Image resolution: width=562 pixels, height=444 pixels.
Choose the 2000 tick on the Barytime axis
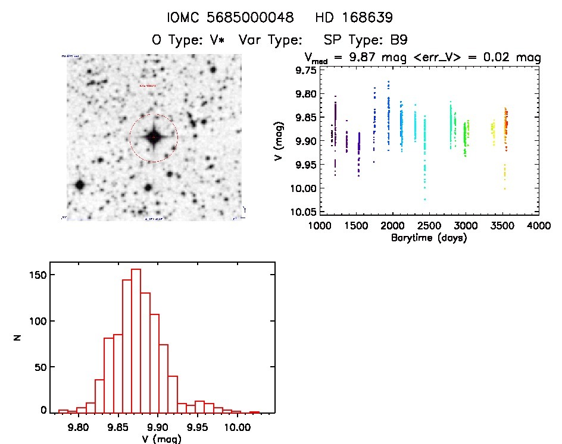[x=392, y=226]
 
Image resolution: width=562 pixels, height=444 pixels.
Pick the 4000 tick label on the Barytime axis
[x=539, y=226]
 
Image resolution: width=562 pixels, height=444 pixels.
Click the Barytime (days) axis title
[x=429, y=238]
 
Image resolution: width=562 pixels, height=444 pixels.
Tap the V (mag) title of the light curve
[x=285, y=141]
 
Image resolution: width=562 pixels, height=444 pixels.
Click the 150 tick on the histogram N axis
[x=38, y=275]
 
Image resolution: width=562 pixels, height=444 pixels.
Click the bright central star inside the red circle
[x=153, y=138]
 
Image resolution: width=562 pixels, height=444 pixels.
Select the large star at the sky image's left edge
[x=79, y=185]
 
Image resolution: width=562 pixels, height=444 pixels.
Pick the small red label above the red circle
[x=148, y=86]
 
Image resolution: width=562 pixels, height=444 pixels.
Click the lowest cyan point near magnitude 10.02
[x=425, y=199]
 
